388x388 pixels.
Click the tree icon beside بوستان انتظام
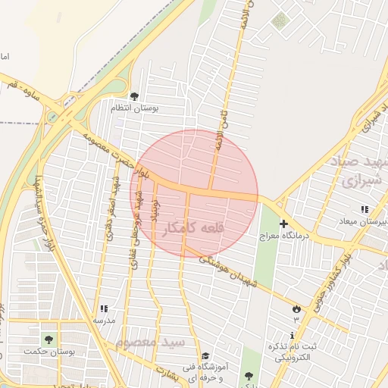click(134, 96)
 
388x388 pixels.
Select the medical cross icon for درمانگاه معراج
click(284, 224)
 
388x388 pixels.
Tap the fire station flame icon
click(296, 308)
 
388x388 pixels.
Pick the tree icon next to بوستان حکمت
click(49, 339)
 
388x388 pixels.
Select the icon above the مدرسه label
click(103, 308)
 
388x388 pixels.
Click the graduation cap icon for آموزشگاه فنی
click(205, 356)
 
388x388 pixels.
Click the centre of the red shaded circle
click(205, 194)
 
